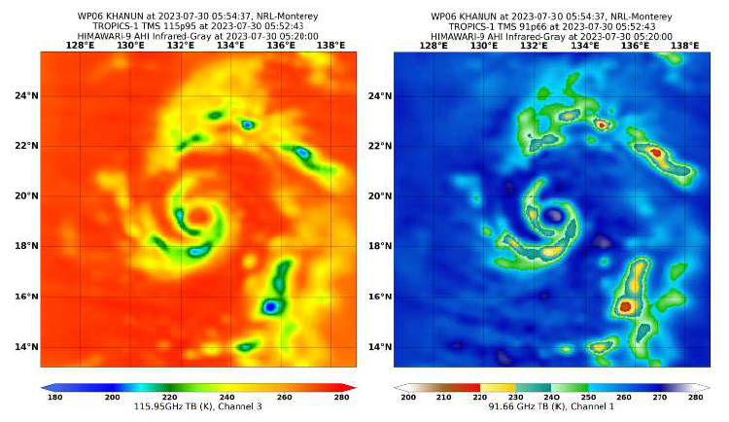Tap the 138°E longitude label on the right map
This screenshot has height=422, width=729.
pos(684,45)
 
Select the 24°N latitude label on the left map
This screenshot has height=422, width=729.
pos(27,95)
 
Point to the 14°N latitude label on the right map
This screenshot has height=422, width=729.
pos(380,347)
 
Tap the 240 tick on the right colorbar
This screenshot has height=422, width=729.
pos(550,398)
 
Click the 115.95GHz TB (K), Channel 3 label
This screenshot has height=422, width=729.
pos(197,408)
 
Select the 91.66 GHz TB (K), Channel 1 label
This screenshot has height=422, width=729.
pos(550,408)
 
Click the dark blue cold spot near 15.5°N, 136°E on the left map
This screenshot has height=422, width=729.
pos(271,306)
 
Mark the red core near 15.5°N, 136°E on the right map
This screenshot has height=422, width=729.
pos(625,306)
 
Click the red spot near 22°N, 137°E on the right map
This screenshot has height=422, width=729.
pos(655,152)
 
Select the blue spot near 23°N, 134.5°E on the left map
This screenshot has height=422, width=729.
pos(248,124)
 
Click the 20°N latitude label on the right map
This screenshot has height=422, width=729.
pos(380,195)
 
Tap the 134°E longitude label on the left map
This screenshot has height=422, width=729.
pos(230,45)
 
